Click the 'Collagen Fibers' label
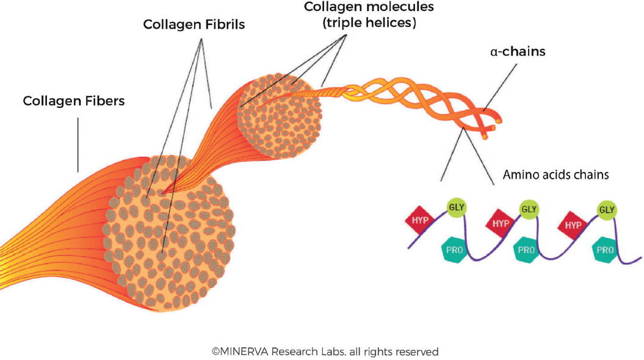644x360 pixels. point(73,101)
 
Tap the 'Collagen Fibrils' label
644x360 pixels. point(194,24)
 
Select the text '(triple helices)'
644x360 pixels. point(369,23)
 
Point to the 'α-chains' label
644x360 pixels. point(518,51)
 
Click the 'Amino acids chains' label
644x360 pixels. point(555,175)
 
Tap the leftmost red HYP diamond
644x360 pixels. point(420,220)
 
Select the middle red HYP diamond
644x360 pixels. point(501,223)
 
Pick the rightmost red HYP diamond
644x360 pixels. point(573,225)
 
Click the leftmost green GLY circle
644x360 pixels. point(456,207)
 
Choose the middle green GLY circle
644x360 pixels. point(529,209)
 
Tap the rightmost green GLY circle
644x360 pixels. point(607,210)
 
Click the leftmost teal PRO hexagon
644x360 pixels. point(454,250)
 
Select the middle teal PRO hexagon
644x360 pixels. point(526,250)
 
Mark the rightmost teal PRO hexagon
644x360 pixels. point(605,250)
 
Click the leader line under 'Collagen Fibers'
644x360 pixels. point(78,145)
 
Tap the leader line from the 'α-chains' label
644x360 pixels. point(501,88)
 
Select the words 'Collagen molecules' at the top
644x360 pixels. point(369,7)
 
